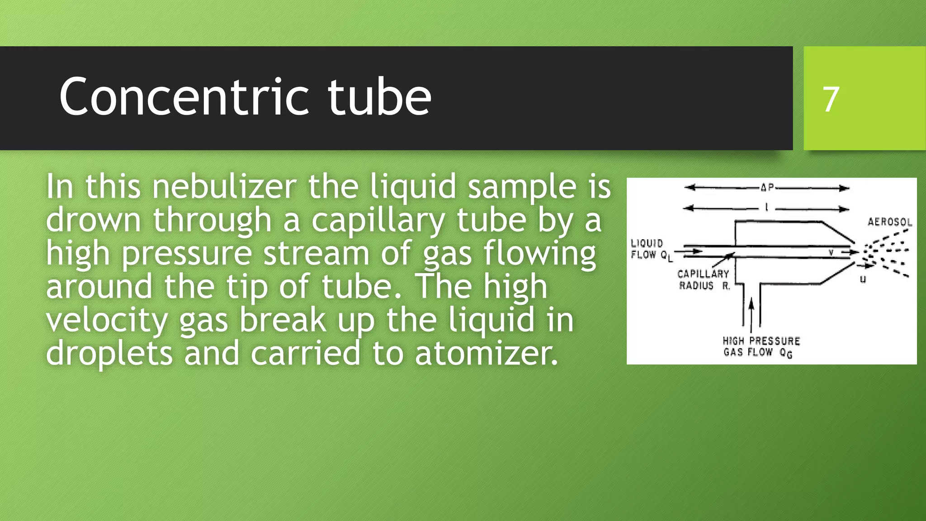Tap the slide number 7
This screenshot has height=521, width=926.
pyautogui.click(x=831, y=99)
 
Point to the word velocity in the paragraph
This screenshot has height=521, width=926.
pyautogui.click(x=107, y=320)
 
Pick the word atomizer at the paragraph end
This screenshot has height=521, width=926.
pyautogui.click(x=486, y=353)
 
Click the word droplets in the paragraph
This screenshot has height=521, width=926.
pyautogui.click(x=109, y=353)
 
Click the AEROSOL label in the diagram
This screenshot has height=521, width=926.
pyautogui.click(x=889, y=222)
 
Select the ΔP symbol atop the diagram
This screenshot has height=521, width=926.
pyautogui.click(x=767, y=187)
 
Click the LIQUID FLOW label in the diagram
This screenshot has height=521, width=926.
pyautogui.click(x=647, y=249)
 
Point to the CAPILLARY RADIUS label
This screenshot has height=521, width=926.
pyautogui.click(x=703, y=279)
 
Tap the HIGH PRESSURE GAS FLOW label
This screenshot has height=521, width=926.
pyautogui.click(x=761, y=347)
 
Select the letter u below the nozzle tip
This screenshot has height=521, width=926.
pyautogui.click(x=863, y=279)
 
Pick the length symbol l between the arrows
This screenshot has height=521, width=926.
pyautogui.click(x=766, y=208)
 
